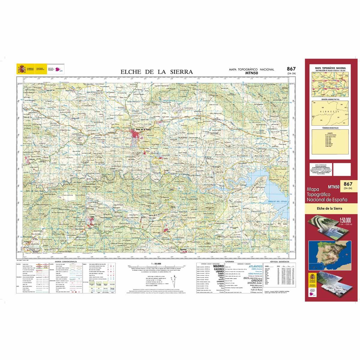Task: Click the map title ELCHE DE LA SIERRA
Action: (x=156, y=72)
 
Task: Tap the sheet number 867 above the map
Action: (x=291, y=69)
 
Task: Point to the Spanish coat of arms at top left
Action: (x=22, y=69)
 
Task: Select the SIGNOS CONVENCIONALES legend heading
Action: (x=64, y=262)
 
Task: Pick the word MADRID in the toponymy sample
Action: (x=218, y=266)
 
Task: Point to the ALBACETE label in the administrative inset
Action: (x=329, y=111)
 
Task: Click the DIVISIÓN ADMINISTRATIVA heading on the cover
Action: (x=330, y=99)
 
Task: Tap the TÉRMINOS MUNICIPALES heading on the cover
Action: (x=330, y=128)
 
